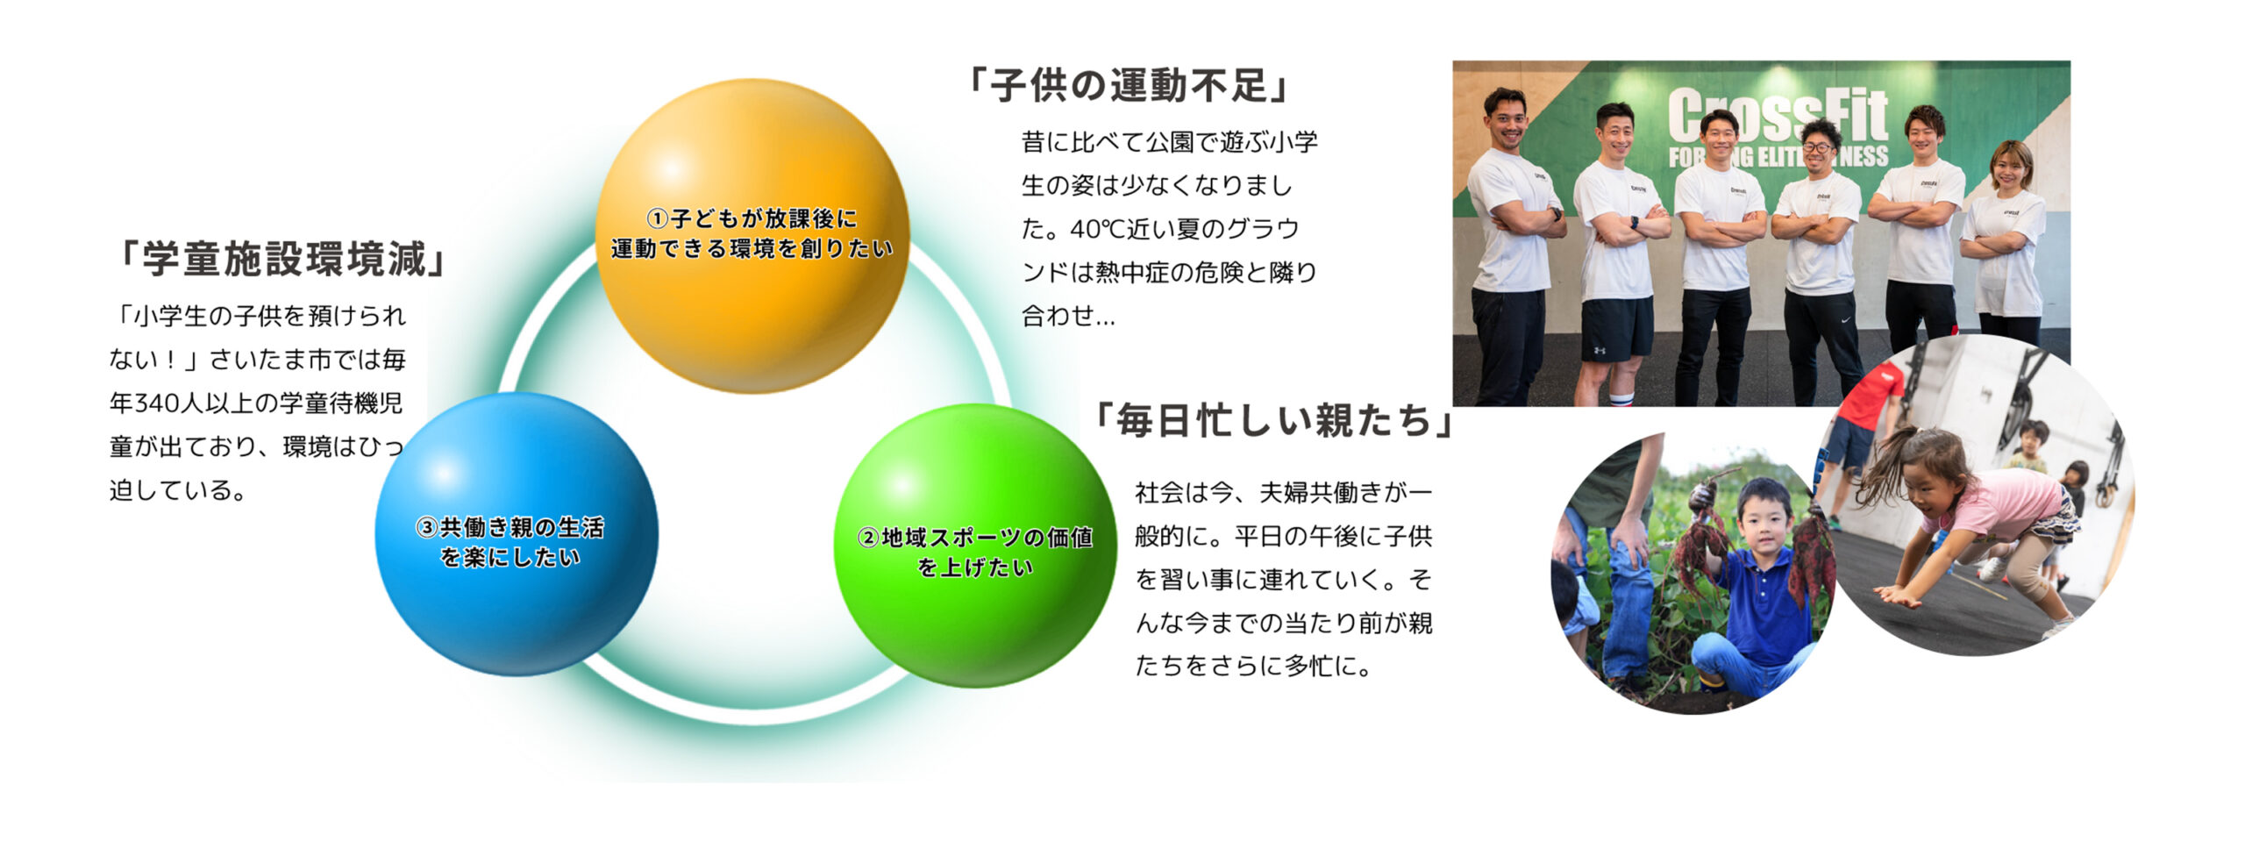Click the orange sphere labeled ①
click(x=752, y=236)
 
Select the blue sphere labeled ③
click(x=517, y=534)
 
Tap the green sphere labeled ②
click(x=975, y=546)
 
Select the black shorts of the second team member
click(x=1616, y=329)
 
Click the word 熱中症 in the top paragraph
click(x=1131, y=273)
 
